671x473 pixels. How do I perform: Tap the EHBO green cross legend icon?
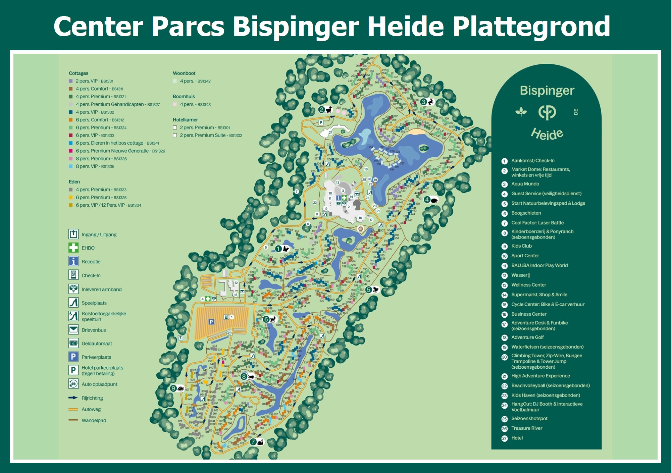point(73,248)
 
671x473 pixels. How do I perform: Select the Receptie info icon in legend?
point(73,261)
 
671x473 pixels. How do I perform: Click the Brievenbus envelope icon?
point(73,330)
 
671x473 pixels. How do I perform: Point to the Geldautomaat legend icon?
point(73,343)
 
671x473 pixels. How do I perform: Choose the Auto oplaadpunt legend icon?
point(73,384)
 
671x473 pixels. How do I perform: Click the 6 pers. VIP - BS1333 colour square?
point(71,135)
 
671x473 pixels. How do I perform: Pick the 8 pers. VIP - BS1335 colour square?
point(71,166)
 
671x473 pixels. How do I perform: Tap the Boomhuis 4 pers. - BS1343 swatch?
point(175,104)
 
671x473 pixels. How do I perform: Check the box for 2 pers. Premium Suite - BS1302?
point(175,135)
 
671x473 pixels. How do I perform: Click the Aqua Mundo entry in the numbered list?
point(525,184)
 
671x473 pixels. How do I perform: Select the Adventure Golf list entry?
point(527,337)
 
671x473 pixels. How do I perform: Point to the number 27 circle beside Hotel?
point(504,438)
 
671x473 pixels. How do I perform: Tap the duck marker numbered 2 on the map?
point(325,110)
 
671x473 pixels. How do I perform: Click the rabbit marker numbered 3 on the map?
point(427,102)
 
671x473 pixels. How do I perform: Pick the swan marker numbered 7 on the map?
point(257,442)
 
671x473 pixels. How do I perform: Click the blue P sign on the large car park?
point(211,322)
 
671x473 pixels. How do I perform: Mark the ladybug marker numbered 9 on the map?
point(177,388)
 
